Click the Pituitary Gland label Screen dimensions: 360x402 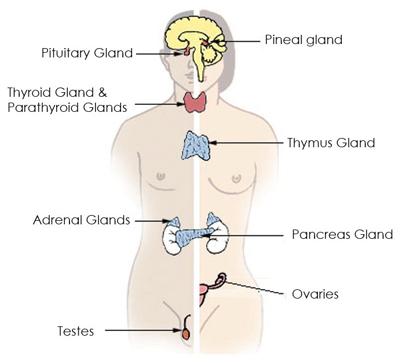tap(87, 53)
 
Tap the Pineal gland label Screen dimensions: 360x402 tap(304, 40)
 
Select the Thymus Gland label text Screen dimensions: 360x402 tap(331, 143)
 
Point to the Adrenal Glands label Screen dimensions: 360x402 tap(82, 220)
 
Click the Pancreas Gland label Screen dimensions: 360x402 tap(342, 235)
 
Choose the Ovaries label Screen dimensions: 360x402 tap(315, 294)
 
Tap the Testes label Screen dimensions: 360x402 tap(75, 331)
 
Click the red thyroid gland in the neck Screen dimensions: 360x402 tap(197, 103)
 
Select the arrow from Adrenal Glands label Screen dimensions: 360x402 tap(149, 220)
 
